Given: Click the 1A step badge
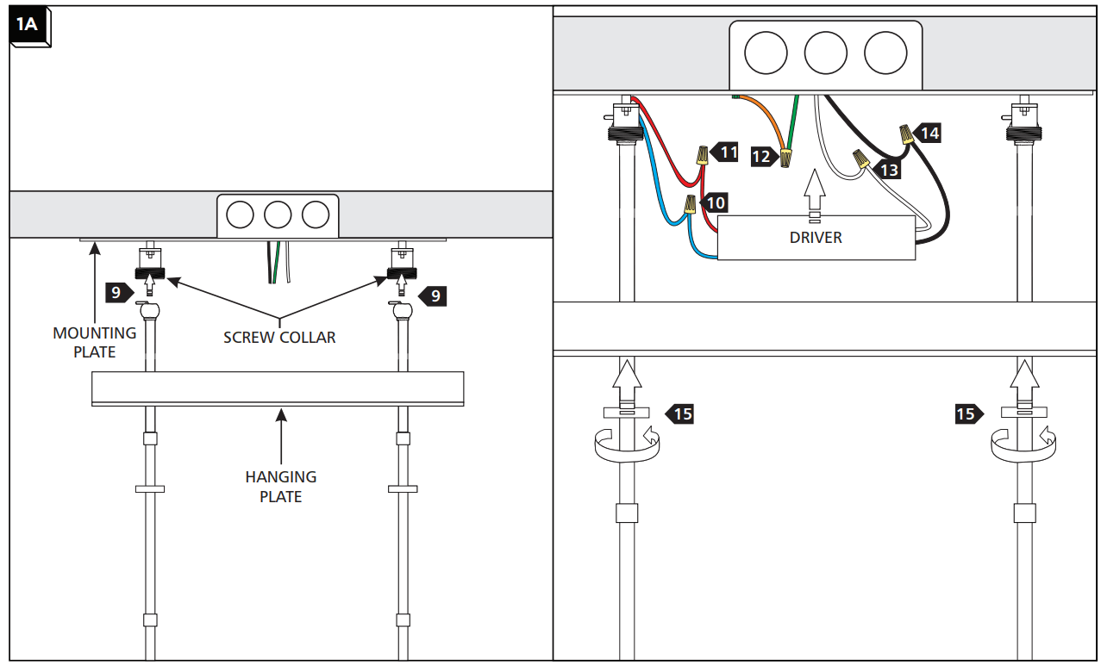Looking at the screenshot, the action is pos(30,26).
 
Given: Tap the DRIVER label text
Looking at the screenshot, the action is pos(816,238).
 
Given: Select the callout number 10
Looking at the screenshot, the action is pos(713,202).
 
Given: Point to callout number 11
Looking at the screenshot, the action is pos(724,152).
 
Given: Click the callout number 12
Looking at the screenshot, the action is pos(764,157).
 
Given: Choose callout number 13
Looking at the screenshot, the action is pos(886,170).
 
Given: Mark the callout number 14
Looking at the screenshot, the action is pos(927,134).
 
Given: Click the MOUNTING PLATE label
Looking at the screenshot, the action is pos(94,342).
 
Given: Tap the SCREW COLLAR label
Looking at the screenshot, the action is pos(279,338).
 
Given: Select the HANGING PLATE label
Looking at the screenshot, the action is pos(281,487).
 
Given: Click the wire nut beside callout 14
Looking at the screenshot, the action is pos(906,134).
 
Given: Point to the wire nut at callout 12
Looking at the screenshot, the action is pos(786,158).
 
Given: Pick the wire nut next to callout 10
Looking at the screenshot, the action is pos(691,204).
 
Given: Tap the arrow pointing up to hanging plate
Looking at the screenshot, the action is pos(281,436).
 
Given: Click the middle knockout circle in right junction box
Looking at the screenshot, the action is pos(825,53).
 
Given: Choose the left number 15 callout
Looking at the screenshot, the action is pos(679,414).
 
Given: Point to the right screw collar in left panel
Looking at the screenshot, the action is pos(402,272).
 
